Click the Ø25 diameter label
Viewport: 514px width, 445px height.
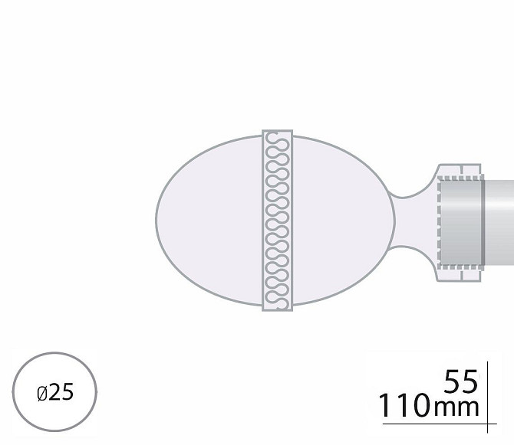tap(55, 392)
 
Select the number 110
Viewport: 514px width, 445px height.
tap(404, 405)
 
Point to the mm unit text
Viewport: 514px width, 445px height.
tap(456, 408)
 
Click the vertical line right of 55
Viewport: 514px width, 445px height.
tap(487, 397)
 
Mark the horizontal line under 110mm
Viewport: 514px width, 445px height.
tap(440, 424)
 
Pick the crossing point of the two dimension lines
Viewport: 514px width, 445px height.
tap(487, 424)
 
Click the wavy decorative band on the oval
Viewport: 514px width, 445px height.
tap(277, 221)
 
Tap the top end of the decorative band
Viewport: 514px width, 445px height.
tap(277, 131)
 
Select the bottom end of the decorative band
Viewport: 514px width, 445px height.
tap(277, 310)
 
